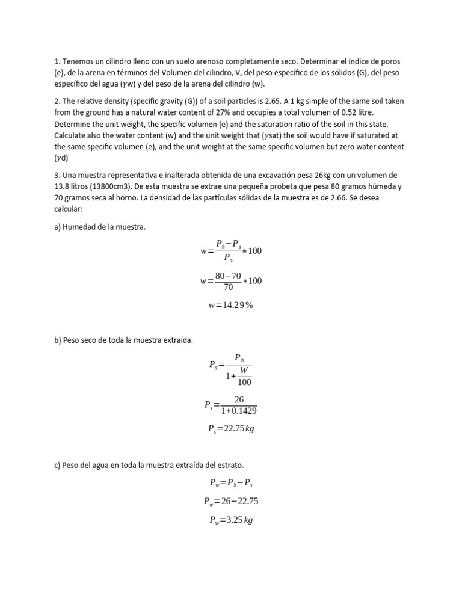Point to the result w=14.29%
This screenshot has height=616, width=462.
coord(231,305)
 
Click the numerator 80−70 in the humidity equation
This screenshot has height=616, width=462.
coord(228,276)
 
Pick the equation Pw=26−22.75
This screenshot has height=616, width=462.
coord(231,501)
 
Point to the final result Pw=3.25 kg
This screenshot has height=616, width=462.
coord(231,520)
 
